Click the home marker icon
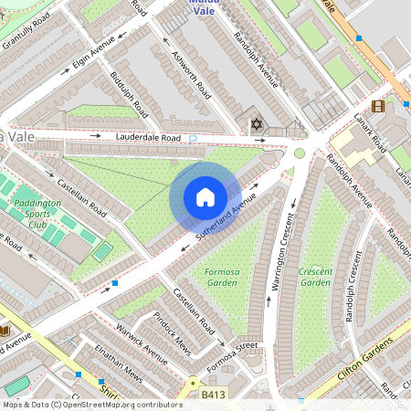click(x=205, y=196)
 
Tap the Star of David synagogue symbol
click(x=257, y=122)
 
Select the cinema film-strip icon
click(x=378, y=107)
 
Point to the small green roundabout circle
click(x=299, y=153)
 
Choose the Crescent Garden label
click(x=315, y=278)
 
